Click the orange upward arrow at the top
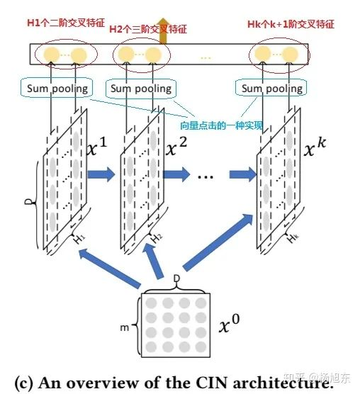[x=163, y=31]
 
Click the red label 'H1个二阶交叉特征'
[x=66, y=23]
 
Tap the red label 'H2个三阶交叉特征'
[x=148, y=29]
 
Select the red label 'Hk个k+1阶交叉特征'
[x=291, y=24]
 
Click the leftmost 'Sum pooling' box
[x=57, y=88]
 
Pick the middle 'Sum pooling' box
[x=141, y=88]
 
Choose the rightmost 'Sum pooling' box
[x=271, y=88]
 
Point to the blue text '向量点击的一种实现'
[x=222, y=125]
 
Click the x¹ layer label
[x=97, y=147]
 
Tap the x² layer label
[x=176, y=147]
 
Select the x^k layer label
[x=315, y=147]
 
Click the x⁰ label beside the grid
[x=229, y=324]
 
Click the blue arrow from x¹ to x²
[x=101, y=174]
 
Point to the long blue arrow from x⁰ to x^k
[x=218, y=242]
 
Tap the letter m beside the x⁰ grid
[x=125, y=327]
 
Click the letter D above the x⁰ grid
[x=177, y=278]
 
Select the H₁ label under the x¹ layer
[x=79, y=239]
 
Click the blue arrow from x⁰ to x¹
[x=109, y=268]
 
